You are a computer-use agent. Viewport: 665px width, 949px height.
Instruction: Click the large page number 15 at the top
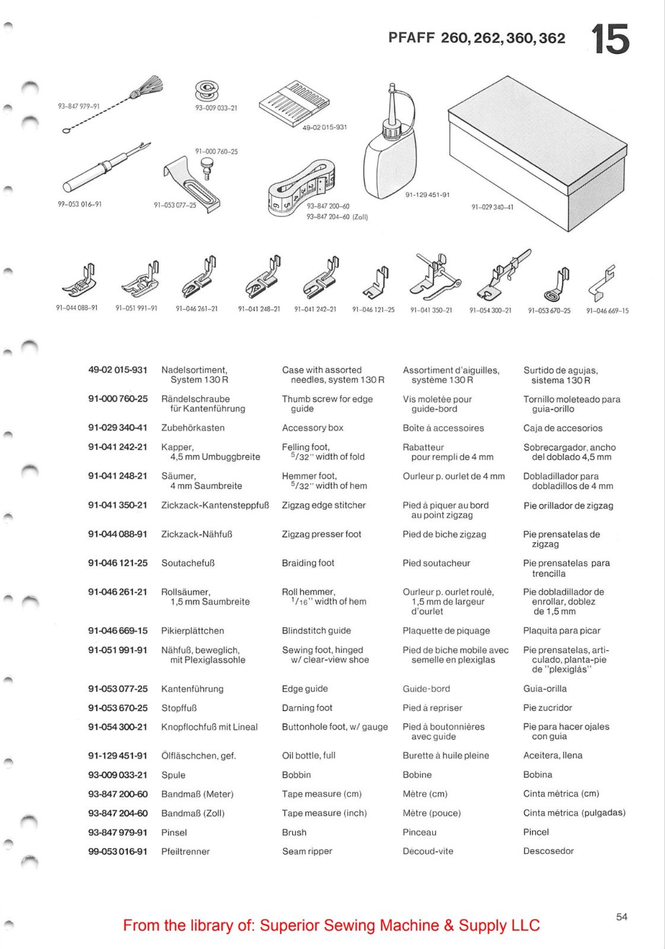(x=610, y=40)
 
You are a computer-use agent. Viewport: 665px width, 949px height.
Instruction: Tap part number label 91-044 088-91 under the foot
(x=77, y=308)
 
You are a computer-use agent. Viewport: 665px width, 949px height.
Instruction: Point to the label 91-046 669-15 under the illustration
(x=607, y=311)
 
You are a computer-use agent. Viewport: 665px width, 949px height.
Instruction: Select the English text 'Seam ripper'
(x=307, y=851)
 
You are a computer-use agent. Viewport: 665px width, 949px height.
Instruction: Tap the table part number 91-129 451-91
(x=117, y=756)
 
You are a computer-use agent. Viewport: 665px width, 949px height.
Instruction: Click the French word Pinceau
(x=419, y=832)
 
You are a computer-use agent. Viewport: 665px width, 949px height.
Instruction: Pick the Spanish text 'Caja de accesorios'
(x=562, y=428)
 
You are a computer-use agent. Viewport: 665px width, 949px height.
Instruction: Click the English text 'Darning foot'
(x=307, y=708)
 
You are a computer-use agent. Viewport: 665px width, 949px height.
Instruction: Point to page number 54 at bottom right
(x=621, y=917)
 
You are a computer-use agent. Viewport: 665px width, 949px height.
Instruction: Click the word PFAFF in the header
(x=411, y=38)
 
